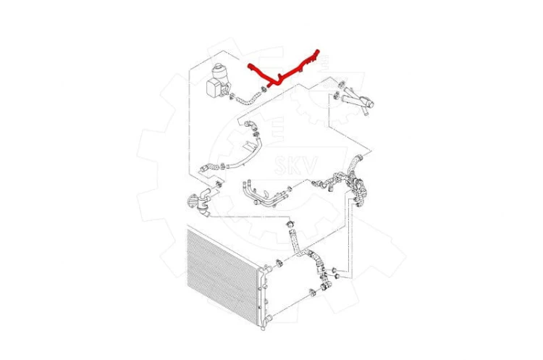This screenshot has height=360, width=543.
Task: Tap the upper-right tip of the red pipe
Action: click(x=318, y=51)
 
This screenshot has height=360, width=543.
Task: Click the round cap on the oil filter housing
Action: click(x=219, y=70)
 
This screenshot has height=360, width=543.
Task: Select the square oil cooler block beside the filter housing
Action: click(x=214, y=88)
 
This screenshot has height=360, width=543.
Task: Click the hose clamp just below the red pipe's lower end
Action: click(x=264, y=88)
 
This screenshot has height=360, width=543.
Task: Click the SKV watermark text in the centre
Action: click(x=295, y=165)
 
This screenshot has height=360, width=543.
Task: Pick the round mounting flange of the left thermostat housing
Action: click(x=192, y=201)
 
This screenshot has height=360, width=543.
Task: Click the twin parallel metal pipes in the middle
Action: click(x=265, y=195)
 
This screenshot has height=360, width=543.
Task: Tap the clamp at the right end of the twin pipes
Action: click(x=290, y=188)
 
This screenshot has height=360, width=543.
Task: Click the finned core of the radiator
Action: click(x=222, y=271)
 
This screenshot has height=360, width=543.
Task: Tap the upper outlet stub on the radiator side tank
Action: click(x=267, y=269)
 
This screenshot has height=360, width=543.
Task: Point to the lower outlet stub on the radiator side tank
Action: click(x=269, y=318)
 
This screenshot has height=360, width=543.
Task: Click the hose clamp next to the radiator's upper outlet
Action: click(x=279, y=264)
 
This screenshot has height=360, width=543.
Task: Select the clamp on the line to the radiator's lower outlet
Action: click(x=312, y=293)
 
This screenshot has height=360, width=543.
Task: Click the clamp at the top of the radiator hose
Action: click(x=291, y=224)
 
